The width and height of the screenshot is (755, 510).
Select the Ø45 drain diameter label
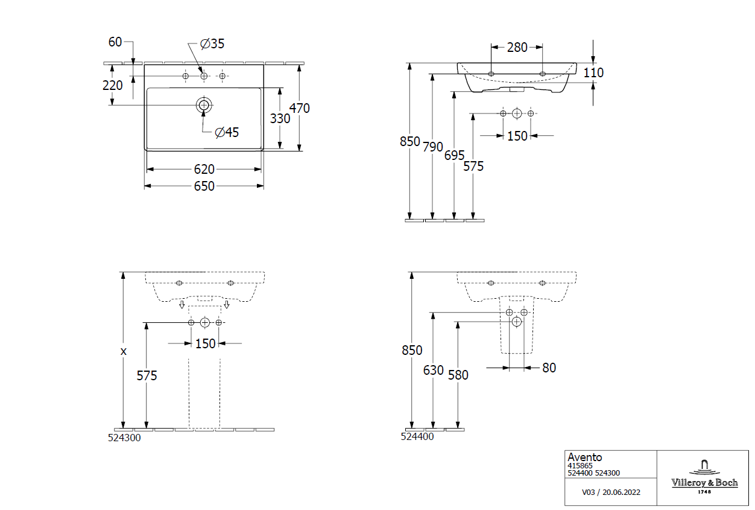pos(227,132)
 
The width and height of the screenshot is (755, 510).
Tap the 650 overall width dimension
pos(204,186)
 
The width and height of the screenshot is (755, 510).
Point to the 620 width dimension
pos(204,170)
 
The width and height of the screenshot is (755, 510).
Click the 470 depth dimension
pos(300,109)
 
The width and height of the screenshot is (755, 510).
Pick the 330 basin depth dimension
pos(280,119)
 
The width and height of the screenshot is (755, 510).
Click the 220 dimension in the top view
pos(113,85)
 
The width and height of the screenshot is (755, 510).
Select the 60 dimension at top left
pos(115,42)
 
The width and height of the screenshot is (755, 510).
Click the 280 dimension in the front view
pos(517,47)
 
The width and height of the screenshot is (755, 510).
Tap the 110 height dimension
pos(594,72)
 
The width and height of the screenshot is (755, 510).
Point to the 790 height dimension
pos(432,147)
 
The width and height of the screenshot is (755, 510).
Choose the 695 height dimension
pos(454,155)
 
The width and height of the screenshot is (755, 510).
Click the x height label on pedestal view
pos(123,351)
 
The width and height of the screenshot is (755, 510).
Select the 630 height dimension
pos(433,370)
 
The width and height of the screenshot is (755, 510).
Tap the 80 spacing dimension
pos(549,368)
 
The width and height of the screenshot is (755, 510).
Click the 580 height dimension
pos(458,375)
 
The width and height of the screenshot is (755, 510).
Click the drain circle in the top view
pos(204,105)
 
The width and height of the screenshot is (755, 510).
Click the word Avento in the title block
pos(584,457)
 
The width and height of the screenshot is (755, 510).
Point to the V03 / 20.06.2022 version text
pos(611,492)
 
